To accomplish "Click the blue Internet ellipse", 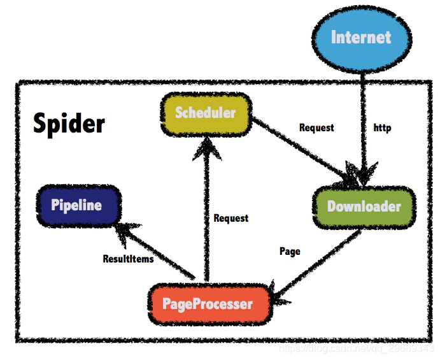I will click(x=361, y=37).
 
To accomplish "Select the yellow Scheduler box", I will click(x=205, y=113).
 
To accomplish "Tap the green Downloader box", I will click(x=364, y=206).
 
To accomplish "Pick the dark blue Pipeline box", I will click(x=77, y=205).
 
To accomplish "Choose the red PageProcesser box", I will click(x=208, y=304).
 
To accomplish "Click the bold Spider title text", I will click(x=69, y=123).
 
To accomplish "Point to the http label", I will click(x=382, y=128).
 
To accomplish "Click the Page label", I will click(x=290, y=251).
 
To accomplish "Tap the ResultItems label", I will click(x=128, y=259).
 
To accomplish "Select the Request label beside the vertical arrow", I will click(x=231, y=218).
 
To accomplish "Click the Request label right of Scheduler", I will click(x=316, y=127).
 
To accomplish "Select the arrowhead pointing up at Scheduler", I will click(x=205, y=150).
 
